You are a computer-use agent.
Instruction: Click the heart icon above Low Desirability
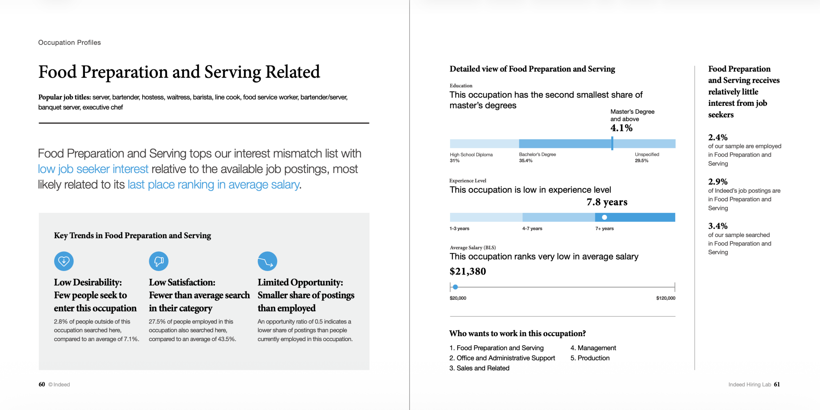coord(64,261)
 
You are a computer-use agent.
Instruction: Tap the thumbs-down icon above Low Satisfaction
coord(159,261)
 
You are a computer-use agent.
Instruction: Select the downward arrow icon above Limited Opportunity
coord(267,261)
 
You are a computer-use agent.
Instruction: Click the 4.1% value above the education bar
coord(621,128)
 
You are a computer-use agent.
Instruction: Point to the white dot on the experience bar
coord(604,217)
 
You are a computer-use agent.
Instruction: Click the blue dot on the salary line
coord(455,287)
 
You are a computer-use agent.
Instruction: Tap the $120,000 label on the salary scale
coord(665,298)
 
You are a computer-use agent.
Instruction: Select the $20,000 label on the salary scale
coord(458,298)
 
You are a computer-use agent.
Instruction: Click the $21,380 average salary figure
coord(468,271)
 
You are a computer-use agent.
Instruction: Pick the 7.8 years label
coord(607,202)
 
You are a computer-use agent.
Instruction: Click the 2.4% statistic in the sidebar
coord(718,137)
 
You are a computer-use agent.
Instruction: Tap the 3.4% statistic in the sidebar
coord(718,226)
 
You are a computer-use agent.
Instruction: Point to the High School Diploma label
coord(471,155)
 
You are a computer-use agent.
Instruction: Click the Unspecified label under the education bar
coord(647,155)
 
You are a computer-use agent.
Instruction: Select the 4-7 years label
coord(532,229)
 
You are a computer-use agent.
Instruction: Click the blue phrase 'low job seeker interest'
coord(93,169)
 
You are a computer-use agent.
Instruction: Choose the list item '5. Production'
coord(590,358)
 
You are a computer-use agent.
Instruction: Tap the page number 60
coord(42,385)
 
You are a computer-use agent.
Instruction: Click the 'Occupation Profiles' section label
coord(69,43)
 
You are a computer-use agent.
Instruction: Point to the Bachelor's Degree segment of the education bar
coord(565,143)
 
